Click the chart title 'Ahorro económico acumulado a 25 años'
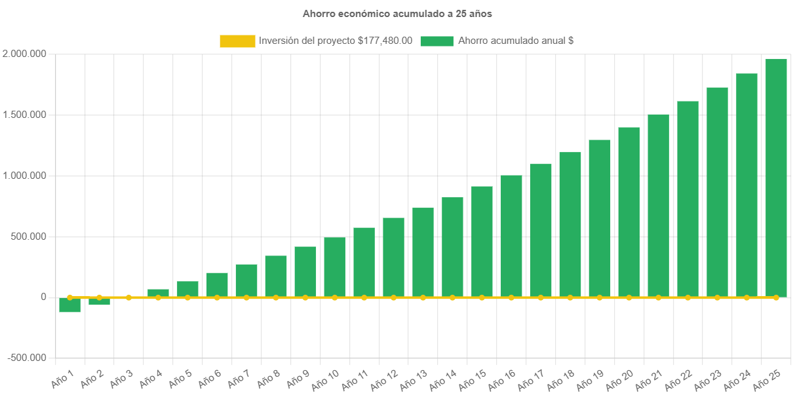point(397,13)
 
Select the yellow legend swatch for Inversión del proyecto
point(237,41)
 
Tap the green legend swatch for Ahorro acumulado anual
point(436,41)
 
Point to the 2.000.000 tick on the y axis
point(24,54)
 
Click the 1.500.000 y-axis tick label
point(24,115)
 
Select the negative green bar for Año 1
point(69,305)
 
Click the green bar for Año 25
point(776,177)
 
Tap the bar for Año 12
point(393,257)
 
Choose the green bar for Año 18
point(570,224)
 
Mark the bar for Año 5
point(187,289)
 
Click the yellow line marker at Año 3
point(128,297)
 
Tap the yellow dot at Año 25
point(776,297)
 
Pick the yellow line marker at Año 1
point(69,297)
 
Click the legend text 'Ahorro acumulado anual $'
point(516,41)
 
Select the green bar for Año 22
point(688,198)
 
